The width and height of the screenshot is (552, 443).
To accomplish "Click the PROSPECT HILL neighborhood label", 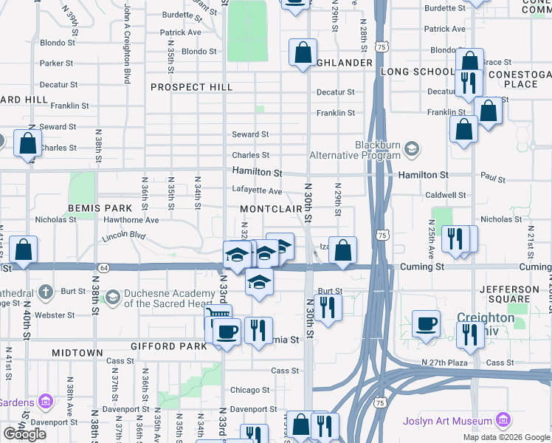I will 191,87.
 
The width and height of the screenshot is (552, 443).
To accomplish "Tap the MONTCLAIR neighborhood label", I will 271,210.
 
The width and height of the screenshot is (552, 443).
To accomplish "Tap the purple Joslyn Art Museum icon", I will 504,421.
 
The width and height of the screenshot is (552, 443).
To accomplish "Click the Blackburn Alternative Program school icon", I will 412,150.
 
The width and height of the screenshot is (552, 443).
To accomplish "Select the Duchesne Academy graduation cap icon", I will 112,298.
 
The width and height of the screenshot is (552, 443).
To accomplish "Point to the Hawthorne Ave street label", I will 131,220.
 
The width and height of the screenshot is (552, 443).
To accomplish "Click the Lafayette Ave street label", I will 257,191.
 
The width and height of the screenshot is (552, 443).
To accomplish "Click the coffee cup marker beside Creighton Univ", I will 426,323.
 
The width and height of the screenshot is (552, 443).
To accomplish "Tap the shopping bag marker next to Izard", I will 343,250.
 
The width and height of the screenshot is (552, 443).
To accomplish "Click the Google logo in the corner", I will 25,434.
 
